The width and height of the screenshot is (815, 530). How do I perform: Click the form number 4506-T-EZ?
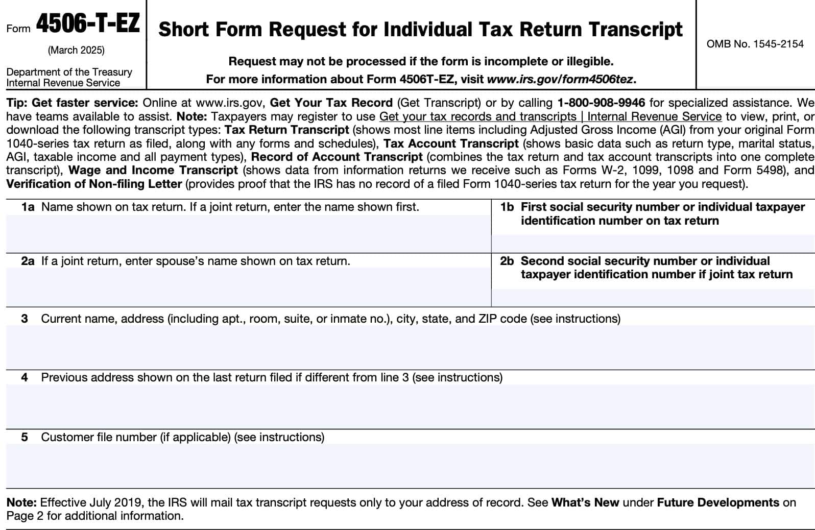point(87,25)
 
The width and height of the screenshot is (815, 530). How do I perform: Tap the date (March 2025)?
point(76,50)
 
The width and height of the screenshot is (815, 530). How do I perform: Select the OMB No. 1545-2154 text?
point(755,44)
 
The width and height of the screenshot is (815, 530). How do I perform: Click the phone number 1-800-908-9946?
point(601,103)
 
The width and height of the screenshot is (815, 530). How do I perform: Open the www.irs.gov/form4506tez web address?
point(560,79)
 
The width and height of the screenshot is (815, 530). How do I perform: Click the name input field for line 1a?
point(248,233)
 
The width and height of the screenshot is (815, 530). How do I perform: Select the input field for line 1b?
point(653,243)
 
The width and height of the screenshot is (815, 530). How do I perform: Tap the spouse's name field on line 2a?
point(248,286)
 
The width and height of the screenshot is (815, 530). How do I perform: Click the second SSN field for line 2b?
point(653,297)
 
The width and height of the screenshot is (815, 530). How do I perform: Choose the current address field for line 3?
point(410,347)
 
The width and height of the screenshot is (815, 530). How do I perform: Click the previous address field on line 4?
point(410,406)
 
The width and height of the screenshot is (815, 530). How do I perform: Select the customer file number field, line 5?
point(410,465)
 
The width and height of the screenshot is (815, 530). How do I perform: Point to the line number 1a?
point(28,207)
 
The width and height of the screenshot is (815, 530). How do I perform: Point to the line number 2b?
point(507,261)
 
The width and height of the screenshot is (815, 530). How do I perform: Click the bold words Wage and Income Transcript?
point(153,170)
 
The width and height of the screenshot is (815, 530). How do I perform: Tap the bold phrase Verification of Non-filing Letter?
point(94,183)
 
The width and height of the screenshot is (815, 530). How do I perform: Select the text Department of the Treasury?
point(69,72)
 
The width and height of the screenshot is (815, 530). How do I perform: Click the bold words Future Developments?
point(718,502)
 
